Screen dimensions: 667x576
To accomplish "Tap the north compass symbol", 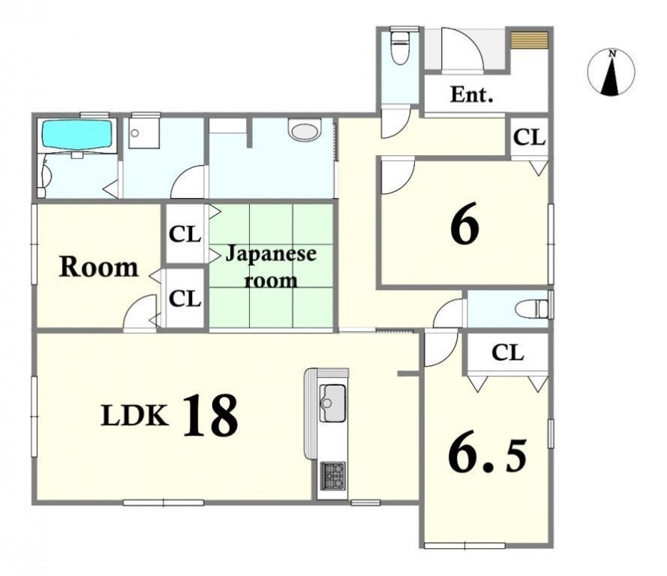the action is coord(611,72).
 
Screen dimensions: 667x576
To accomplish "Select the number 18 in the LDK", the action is coord(210,415).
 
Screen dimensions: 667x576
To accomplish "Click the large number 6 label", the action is coord(465,227).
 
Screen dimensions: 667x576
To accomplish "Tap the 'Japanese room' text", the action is coord(270,267).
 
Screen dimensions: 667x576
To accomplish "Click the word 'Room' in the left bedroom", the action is coord(99,267).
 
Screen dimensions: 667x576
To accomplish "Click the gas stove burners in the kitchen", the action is coord(333,475).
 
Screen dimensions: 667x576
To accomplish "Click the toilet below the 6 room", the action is coord(531,309).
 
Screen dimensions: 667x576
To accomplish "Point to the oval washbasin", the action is coord(303,130).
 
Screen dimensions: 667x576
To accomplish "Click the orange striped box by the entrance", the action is coord(529,40).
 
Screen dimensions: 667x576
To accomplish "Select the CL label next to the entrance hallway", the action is coord(529,137).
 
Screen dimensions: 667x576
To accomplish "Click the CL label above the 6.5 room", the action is coord(507,352).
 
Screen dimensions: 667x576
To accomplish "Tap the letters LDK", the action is coord(134,416).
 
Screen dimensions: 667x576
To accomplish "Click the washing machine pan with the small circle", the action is coord(144,133).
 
